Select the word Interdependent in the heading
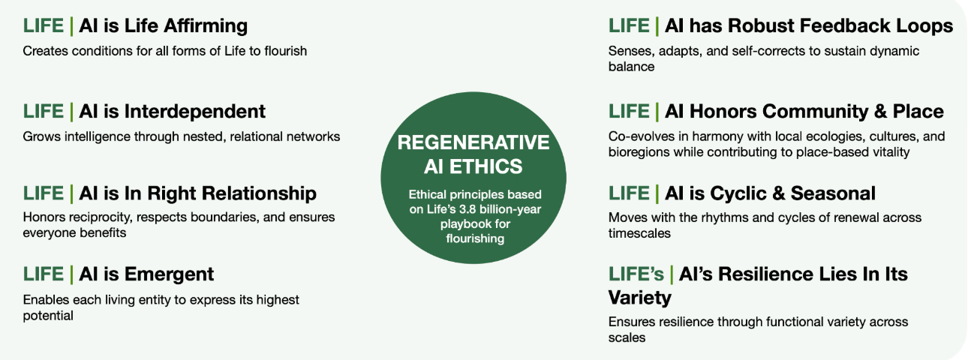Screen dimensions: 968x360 pos(195,112)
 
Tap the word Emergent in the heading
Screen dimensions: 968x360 pos(169,274)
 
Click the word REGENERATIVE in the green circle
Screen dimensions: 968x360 pos(473,142)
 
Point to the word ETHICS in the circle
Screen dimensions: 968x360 pos(486,166)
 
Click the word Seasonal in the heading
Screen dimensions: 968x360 pos(833,193)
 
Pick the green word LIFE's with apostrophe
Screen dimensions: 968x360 pos(636,274)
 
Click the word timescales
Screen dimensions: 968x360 pos(639,233)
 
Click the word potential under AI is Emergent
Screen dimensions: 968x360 pos(48,316)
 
